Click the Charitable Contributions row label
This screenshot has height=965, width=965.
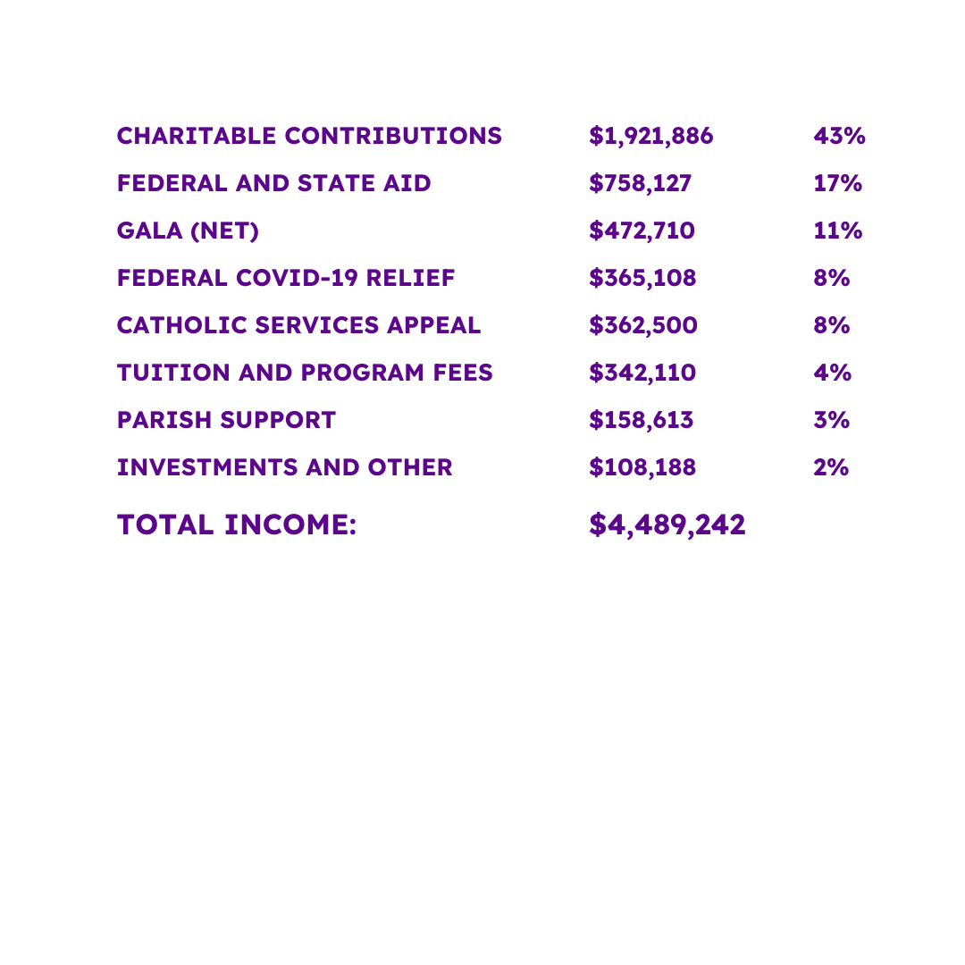pyautogui.click(x=309, y=137)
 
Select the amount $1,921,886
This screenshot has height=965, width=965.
pyautogui.click(x=650, y=137)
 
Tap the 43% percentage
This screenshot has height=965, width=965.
pyautogui.click(x=839, y=137)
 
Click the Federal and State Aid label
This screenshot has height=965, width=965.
pyautogui.click(x=273, y=184)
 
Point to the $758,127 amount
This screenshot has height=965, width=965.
pyautogui.click(x=640, y=184)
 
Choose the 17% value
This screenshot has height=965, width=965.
pyautogui.click(x=837, y=184)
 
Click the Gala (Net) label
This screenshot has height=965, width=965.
pyautogui.click(x=188, y=231)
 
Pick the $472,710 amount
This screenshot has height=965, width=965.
pyautogui.click(x=642, y=231)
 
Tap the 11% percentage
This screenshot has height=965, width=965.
pyautogui.click(x=837, y=231)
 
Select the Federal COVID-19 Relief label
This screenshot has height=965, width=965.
pyautogui.click(x=286, y=279)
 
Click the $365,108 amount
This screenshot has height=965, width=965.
pyautogui.click(x=642, y=279)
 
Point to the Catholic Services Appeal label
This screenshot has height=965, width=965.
pyautogui.click(x=298, y=326)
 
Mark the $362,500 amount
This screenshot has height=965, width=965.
pyautogui.click(x=642, y=326)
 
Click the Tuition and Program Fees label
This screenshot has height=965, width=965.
pyautogui.click(x=305, y=373)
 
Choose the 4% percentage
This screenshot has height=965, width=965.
pyautogui.click(x=831, y=373)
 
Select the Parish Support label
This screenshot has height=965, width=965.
pyautogui.click(x=226, y=421)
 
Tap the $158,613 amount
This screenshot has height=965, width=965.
pyautogui.click(x=641, y=421)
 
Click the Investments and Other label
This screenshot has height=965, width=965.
pyautogui.click(x=284, y=468)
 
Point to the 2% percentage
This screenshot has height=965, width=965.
pyautogui.click(x=831, y=468)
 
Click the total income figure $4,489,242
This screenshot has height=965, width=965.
pyautogui.click(x=667, y=525)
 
